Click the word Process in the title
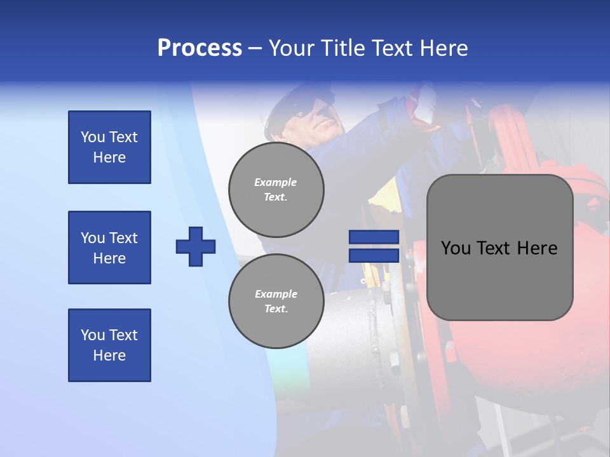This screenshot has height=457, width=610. (x=200, y=48)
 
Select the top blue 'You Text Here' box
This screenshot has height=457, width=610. (x=109, y=147)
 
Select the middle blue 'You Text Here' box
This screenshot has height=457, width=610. (x=109, y=248)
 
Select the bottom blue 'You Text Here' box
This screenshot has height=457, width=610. (x=109, y=345)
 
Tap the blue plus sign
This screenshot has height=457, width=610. (x=196, y=246)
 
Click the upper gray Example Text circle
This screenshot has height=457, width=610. (x=276, y=189)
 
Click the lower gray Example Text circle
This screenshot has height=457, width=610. (x=276, y=301)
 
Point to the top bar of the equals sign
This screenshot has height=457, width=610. (x=374, y=237)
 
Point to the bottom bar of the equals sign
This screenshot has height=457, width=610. (x=374, y=255)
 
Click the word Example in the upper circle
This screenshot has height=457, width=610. (x=276, y=182)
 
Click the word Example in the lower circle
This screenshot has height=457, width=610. (x=276, y=294)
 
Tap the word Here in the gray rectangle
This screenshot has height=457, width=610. (x=537, y=248)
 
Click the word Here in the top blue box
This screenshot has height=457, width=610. (x=109, y=157)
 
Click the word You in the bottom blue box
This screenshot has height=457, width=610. (x=92, y=335)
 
